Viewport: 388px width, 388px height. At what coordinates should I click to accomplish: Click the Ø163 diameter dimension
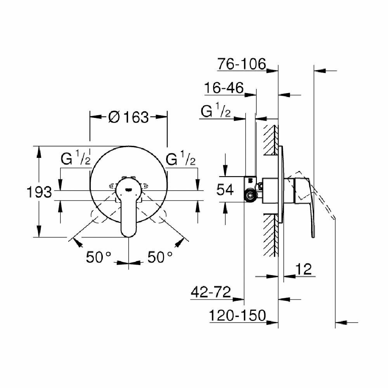click(x=128, y=117)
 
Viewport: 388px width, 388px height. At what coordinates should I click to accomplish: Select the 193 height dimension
click(x=39, y=191)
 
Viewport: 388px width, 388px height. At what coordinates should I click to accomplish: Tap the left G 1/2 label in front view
click(x=76, y=159)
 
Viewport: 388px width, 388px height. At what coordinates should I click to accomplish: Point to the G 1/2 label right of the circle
click(x=180, y=159)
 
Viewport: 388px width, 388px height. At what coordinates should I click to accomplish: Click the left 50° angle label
click(x=99, y=256)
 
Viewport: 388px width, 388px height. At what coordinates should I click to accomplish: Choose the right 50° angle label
click(x=159, y=256)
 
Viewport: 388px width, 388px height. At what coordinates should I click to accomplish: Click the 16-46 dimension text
click(x=224, y=88)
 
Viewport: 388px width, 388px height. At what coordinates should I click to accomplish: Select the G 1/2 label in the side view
click(x=216, y=112)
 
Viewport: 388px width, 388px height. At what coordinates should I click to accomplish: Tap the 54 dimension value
click(x=225, y=190)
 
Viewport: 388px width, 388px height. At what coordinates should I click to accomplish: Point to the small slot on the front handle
click(x=128, y=190)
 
